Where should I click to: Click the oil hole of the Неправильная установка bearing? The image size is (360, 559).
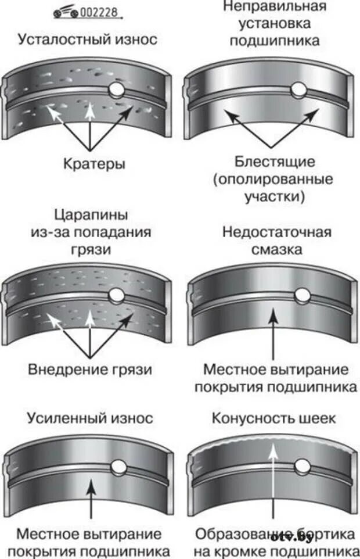click(x=298, y=89)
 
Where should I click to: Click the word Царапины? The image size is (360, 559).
click(x=91, y=216)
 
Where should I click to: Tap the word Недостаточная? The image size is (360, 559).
click(x=276, y=232)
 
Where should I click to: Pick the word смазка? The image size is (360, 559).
click(x=276, y=250)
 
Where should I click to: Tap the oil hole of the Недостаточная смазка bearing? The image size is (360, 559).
click(x=301, y=296)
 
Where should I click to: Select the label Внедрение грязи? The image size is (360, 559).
click(x=90, y=369)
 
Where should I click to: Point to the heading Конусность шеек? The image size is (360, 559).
click(x=274, y=418)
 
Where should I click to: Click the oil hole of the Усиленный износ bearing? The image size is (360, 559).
click(x=120, y=467)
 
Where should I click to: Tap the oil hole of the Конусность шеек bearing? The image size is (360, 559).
click(x=301, y=466)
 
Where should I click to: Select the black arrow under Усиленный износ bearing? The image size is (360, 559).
click(x=91, y=497)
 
